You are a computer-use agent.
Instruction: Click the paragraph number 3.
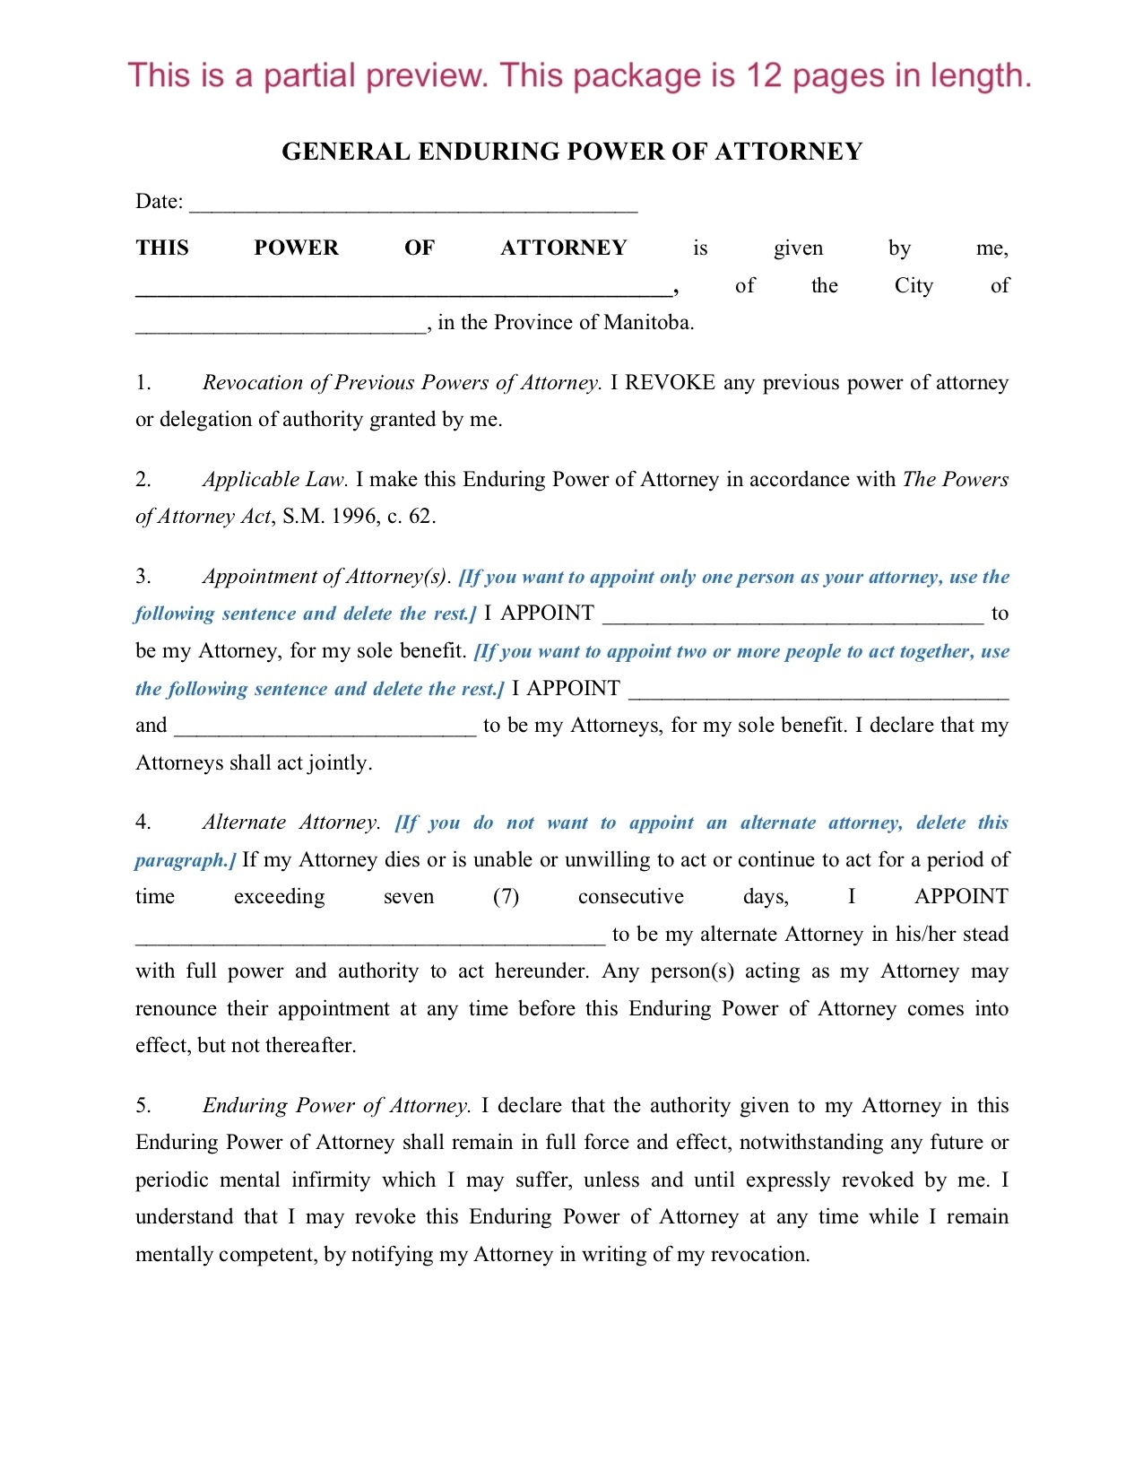(x=143, y=577)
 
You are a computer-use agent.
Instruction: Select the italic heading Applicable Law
(x=274, y=480)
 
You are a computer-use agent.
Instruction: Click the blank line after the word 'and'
(x=325, y=730)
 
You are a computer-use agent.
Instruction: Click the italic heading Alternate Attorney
(x=290, y=823)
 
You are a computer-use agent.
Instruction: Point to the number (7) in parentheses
(x=506, y=897)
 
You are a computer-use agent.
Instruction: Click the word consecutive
(x=630, y=897)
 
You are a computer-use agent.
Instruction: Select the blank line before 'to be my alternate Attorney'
(x=370, y=939)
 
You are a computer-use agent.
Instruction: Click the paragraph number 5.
(x=143, y=1106)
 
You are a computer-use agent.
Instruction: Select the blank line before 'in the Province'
(x=281, y=328)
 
